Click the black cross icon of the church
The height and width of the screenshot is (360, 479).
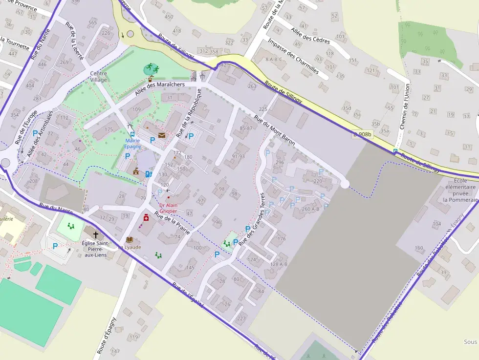95,234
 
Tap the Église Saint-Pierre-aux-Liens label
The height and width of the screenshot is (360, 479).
95,248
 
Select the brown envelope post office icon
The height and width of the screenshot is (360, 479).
161,135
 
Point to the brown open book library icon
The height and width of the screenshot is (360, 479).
130,239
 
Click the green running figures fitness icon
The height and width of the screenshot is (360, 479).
152,69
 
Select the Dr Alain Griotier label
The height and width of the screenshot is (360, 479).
168,208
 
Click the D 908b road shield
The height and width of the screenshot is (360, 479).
363,134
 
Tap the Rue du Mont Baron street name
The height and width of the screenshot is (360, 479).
274,130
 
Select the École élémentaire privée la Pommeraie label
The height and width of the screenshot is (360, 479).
459,190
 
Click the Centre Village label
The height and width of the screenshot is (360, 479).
98,77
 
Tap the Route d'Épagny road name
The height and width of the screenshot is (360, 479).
107,335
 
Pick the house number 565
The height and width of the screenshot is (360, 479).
92,22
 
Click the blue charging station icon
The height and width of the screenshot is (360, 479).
149,173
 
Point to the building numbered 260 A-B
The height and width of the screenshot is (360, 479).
310,209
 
